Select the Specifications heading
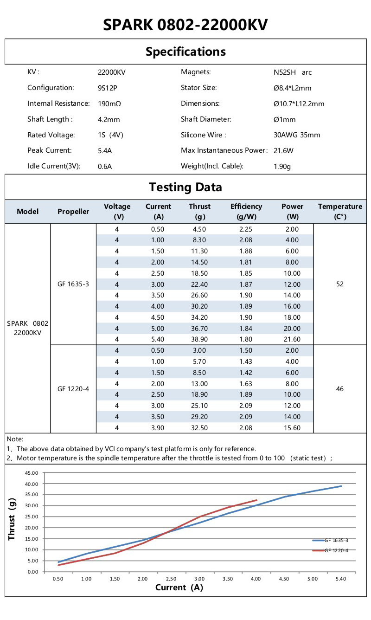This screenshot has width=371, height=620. (x=185, y=52)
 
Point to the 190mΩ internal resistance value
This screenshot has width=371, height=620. (x=109, y=103)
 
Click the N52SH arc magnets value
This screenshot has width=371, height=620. (x=293, y=72)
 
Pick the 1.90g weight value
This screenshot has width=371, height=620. (x=282, y=166)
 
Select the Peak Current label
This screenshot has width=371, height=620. (x=50, y=150)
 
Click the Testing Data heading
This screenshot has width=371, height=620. (x=185, y=187)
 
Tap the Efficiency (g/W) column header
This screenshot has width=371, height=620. (x=246, y=211)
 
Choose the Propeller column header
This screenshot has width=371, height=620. (x=73, y=212)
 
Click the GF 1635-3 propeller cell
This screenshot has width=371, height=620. (x=73, y=284)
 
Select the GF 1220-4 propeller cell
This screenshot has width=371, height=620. (x=73, y=389)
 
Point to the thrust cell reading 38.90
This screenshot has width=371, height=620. (x=199, y=340)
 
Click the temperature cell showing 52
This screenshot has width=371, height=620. (x=340, y=284)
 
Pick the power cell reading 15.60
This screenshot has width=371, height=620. (x=292, y=428)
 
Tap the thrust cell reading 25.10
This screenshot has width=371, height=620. (x=199, y=406)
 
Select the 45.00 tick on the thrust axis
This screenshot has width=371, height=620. (x=32, y=473)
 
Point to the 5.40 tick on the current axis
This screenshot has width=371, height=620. (x=341, y=579)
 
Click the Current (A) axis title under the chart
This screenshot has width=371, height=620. (x=179, y=588)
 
